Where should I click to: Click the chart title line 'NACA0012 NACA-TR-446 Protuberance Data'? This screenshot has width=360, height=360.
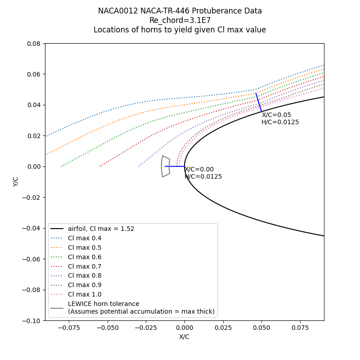pyautogui.click(x=180, y=11)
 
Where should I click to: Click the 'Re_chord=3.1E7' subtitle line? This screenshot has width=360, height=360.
pyautogui.click(x=180, y=20)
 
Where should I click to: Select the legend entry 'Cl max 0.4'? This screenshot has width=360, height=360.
pyautogui.click(x=85, y=238)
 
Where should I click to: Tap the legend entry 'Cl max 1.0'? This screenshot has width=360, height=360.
pyautogui.click(x=85, y=294)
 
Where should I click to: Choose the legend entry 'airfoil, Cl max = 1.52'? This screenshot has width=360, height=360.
pyautogui.click(x=101, y=229)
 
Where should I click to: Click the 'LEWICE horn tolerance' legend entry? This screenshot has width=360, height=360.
pyautogui.click(x=103, y=304)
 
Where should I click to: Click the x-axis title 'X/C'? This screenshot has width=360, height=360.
pyautogui.click(x=184, y=337)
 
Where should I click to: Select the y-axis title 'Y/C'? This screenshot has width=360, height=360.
pyautogui.click(x=16, y=182)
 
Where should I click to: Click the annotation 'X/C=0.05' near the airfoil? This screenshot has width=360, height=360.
pyautogui.click(x=276, y=115)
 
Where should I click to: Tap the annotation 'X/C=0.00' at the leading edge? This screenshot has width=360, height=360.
pyautogui.click(x=199, y=170)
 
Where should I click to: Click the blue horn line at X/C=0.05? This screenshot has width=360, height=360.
pyautogui.click(x=258, y=102)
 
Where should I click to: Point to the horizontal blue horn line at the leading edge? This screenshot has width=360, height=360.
pyautogui.click(x=175, y=166)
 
